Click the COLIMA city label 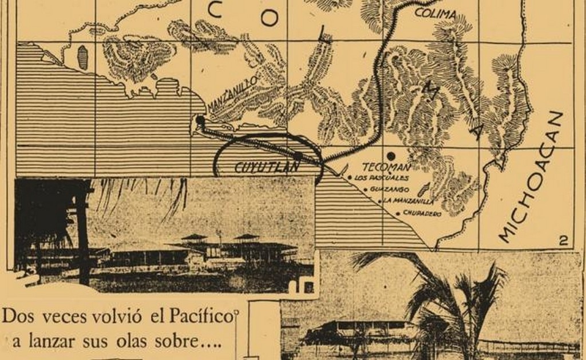point(436,13)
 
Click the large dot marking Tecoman point(391,156)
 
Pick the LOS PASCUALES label point(378,178)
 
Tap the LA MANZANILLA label point(410,201)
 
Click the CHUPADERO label point(422,213)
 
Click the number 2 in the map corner point(563,241)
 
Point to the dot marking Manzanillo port point(199,120)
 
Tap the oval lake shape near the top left point(83,57)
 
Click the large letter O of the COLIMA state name point(270,17)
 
